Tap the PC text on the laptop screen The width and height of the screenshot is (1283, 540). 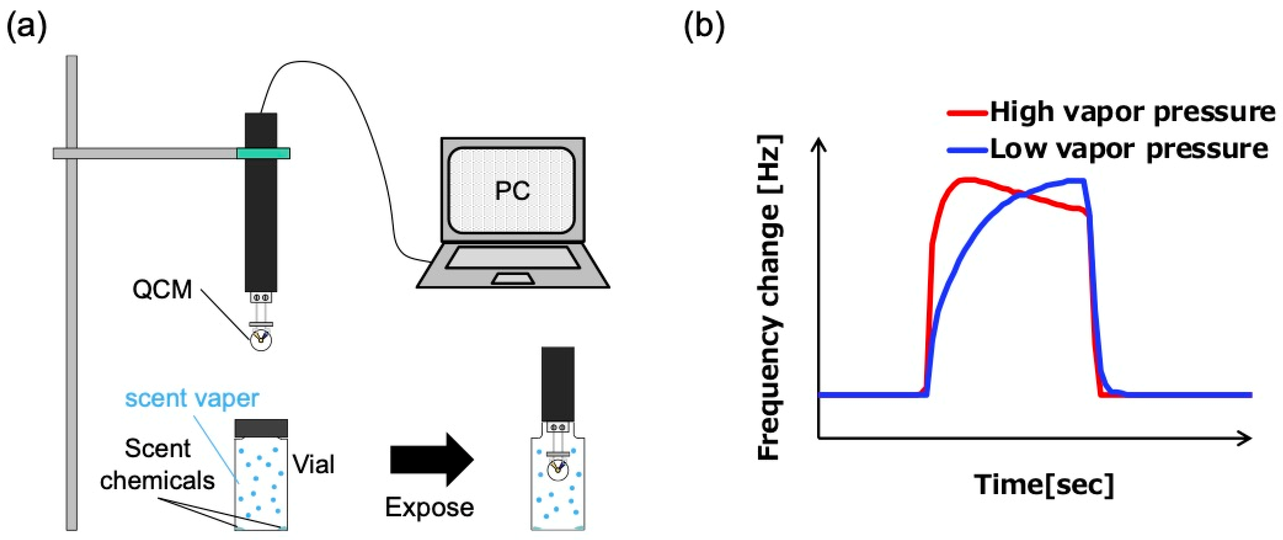512,190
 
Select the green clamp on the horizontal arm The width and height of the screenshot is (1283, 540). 263,153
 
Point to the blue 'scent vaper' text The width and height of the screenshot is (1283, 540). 192,398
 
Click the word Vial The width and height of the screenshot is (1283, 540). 313,464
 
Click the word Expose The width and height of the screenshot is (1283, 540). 429,507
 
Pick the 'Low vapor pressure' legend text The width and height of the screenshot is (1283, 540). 1129,149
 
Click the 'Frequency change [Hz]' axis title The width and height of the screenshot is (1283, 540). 769,298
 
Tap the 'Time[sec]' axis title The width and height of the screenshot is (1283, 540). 1044,484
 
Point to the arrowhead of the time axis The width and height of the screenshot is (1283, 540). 1245,438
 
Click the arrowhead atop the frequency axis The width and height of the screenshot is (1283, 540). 819,145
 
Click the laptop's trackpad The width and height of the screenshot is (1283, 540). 513,278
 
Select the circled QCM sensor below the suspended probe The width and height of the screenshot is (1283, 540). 262,340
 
